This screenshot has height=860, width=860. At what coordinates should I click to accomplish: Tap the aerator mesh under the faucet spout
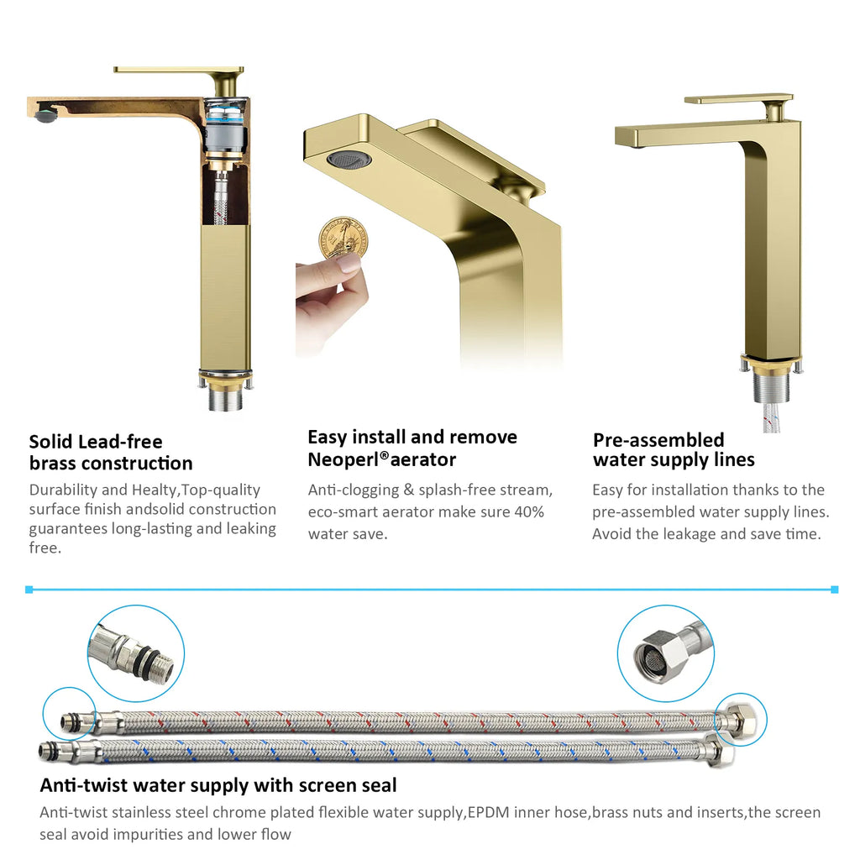[x=349, y=159]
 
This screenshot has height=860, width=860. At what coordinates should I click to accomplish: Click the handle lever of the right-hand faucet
[x=739, y=99]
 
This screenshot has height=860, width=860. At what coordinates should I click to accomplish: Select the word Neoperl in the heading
[x=344, y=459]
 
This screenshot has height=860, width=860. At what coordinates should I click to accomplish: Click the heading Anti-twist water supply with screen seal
[x=218, y=785]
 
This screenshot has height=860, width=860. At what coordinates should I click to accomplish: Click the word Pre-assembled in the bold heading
[x=658, y=440]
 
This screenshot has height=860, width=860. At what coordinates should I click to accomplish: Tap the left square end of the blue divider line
[x=29, y=590]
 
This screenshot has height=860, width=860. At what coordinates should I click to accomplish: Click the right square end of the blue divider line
[x=834, y=590]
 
